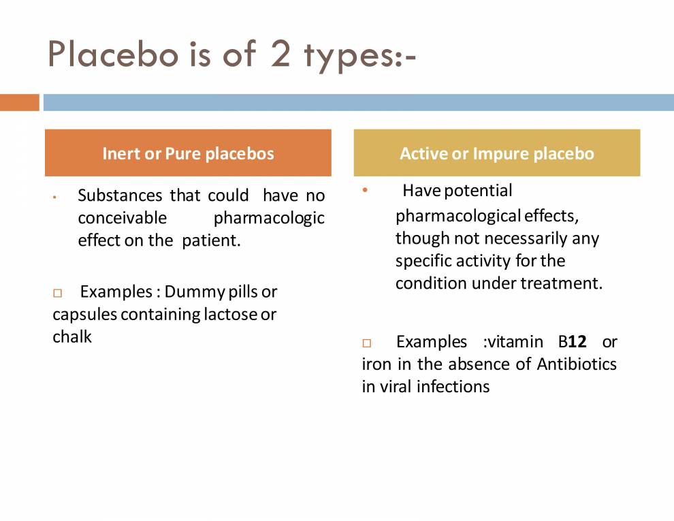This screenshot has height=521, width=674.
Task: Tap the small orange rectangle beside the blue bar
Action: tap(20, 102)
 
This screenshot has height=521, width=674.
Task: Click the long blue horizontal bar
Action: tap(358, 102)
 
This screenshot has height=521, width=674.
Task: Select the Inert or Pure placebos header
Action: tap(188, 153)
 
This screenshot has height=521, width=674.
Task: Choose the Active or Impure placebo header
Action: tap(497, 153)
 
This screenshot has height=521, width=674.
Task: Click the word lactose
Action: tap(230, 314)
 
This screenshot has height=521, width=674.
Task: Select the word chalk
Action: tap(72, 336)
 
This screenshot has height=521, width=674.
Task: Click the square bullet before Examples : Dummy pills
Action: tap(57, 293)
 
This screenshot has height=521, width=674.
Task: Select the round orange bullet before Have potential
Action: tap(365, 190)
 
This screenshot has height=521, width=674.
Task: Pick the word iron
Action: tap(376, 364)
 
